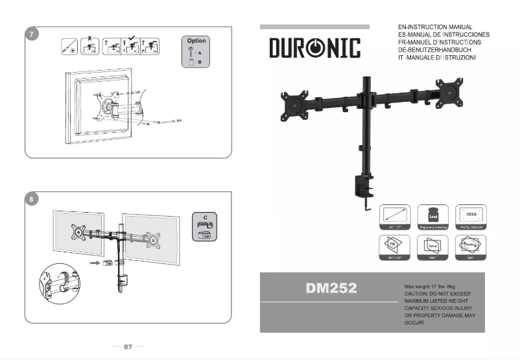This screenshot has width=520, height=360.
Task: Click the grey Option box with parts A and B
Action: (196, 52)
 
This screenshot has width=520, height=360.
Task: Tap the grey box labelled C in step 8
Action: (205, 226)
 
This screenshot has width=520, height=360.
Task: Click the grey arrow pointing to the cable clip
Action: (95, 263)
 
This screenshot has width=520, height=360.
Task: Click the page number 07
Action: (128, 347)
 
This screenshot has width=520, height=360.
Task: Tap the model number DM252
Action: (331, 289)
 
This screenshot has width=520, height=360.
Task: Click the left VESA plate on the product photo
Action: (294, 105)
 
